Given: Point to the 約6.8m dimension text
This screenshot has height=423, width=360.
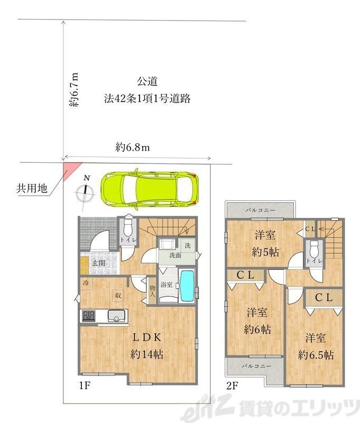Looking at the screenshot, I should coord(133,148).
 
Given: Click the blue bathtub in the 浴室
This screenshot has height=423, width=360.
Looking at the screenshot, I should coord(187,286).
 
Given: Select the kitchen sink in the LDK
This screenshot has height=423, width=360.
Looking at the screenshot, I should coord(116,316).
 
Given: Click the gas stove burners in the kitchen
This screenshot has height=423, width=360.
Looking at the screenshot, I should coord(88,316).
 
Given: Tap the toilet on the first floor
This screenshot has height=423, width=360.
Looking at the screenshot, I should coord(128,231).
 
